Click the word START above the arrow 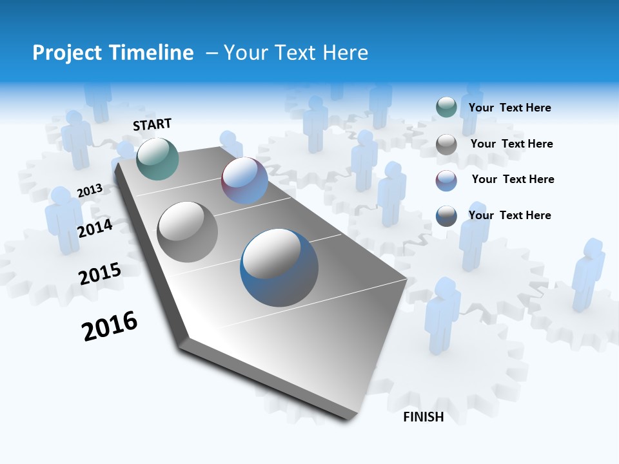pyautogui.click(x=152, y=124)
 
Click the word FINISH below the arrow pyautogui.click(x=424, y=417)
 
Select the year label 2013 pyautogui.click(x=90, y=190)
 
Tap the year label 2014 pyautogui.click(x=95, y=228)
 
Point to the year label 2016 pyautogui.click(x=110, y=326)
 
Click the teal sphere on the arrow pyautogui.click(x=157, y=159)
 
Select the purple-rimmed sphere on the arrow pyautogui.click(x=244, y=180)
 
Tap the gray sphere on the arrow pyautogui.click(x=188, y=231)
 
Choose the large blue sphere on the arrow pyautogui.click(x=279, y=267)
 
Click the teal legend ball pyautogui.click(x=446, y=108)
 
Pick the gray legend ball pyautogui.click(x=446, y=144)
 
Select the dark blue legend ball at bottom pyautogui.click(x=446, y=216)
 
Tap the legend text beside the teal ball pyautogui.click(x=509, y=108)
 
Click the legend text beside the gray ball pyautogui.click(x=511, y=144)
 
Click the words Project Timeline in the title pyautogui.click(x=113, y=53)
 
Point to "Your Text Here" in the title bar pyautogui.click(x=295, y=53)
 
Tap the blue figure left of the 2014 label pyautogui.click(x=63, y=219)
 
